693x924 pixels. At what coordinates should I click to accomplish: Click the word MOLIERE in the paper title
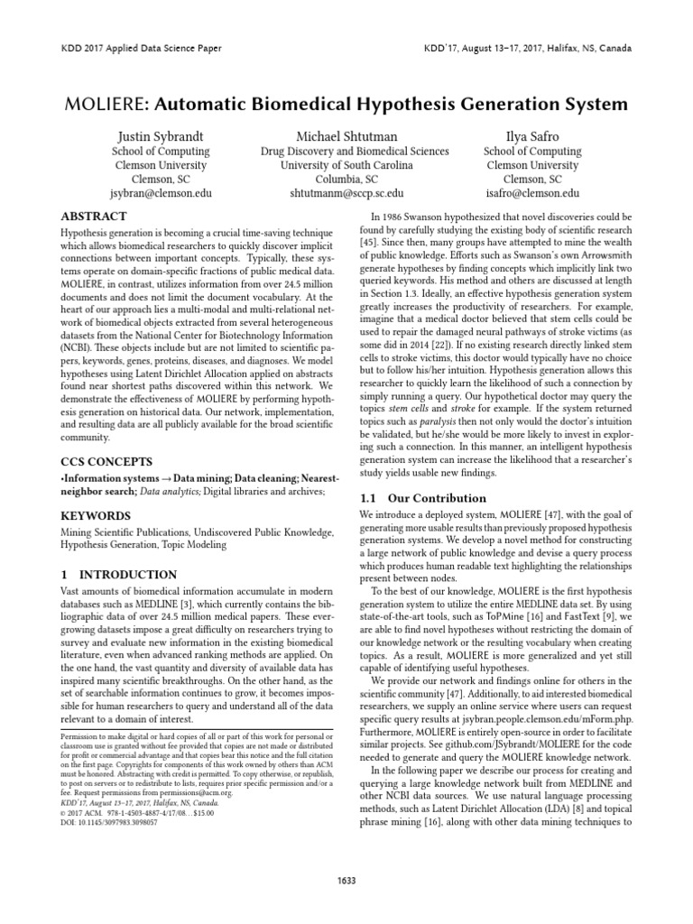pos(106,105)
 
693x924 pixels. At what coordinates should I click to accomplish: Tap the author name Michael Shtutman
pos(346,136)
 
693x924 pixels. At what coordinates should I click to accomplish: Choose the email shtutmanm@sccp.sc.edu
pos(346,193)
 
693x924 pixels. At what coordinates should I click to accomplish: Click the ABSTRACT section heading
pos(93,217)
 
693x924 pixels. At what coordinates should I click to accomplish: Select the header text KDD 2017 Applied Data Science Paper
pos(141,48)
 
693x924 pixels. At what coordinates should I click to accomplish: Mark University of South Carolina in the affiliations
pos(346,165)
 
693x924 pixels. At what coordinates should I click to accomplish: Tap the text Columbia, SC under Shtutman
pos(346,180)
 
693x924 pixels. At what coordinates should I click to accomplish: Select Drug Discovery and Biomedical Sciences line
pos(346,152)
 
